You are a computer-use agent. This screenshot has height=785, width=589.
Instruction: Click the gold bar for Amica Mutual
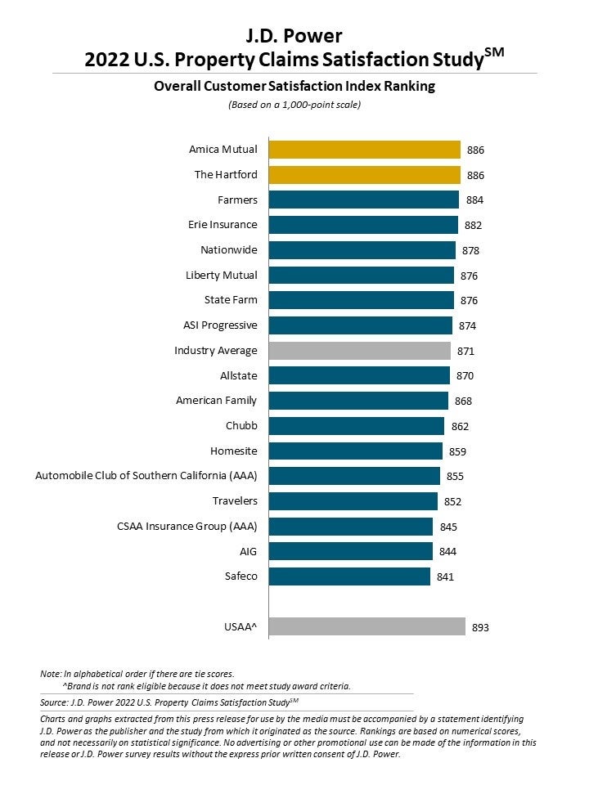click(x=364, y=150)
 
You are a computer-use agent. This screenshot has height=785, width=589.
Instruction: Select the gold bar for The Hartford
click(x=364, y=175)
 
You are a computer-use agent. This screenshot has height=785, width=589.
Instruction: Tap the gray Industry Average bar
click(x=359, y=351)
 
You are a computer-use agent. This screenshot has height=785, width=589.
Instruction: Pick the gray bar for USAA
click(x=366, y=627)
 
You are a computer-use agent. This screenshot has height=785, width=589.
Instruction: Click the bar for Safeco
click(x=349, y=576)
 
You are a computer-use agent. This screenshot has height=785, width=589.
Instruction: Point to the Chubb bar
click(x=356, y=426)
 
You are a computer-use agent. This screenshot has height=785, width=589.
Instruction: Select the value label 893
click(x=481, y=628)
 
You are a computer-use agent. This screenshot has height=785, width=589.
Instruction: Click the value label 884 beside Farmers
click(x=475, y=200)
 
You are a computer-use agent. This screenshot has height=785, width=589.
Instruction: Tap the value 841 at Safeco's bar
click(x=445, y=577)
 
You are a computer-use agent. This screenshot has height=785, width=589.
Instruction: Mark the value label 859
click(x=457, y=451)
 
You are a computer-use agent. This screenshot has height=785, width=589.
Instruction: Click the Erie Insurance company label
click(x=223, y=225)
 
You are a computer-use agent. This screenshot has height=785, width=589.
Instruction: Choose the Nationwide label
click(x=229, y=250)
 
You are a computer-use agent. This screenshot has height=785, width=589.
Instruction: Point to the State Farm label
click(x=231, y=300)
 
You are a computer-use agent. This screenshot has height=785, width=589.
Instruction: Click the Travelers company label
click(x=236, y=501)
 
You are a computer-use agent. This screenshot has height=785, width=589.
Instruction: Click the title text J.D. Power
click(x=294, y=35)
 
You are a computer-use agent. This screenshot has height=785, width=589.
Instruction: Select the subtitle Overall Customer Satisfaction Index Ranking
click(x=294, y=86)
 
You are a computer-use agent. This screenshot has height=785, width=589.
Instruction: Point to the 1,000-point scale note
click(x=294, y=105)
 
